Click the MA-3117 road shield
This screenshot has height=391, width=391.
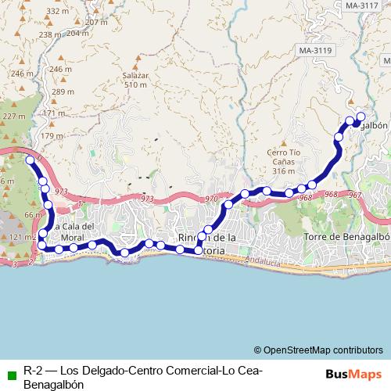pyautogui.click(x=361, y=5)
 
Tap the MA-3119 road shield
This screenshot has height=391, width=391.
pyautogui.click(x=314, y=52)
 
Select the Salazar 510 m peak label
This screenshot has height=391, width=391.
pyautogui.click(x=135, y=80)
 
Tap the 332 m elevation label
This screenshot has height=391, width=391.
pyautogui.click(x=57, y=11)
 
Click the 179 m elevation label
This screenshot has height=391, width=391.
pyautogui.click(x=52, y=136)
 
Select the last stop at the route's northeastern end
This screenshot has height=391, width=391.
pyautogui.click(x=361, y=117)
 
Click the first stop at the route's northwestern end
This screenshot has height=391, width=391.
pyautogui.click(x=30, y=160)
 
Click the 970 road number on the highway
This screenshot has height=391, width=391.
pyautogui.click(x=211, y=200)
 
